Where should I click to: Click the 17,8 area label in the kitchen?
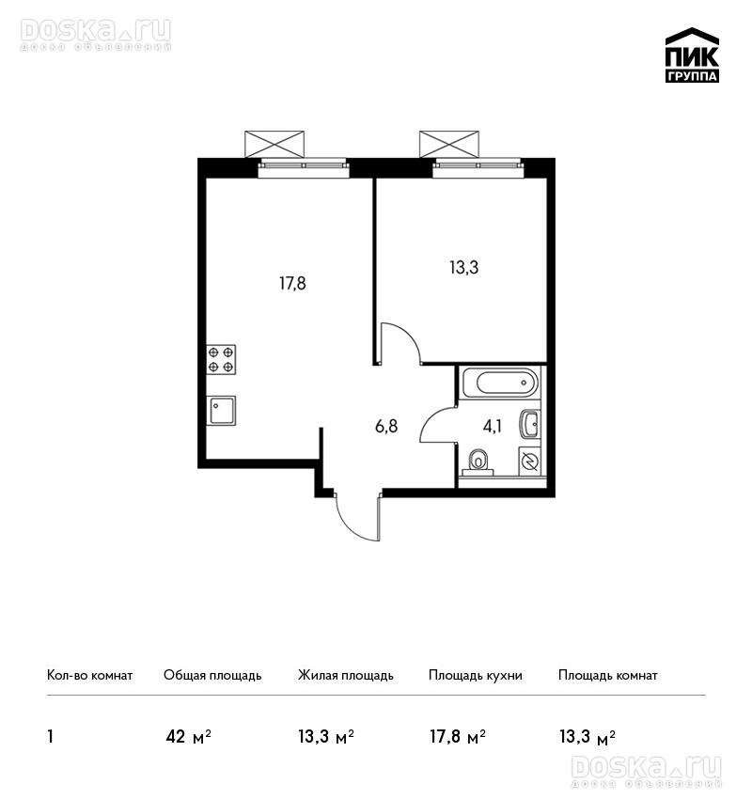coord(292,283)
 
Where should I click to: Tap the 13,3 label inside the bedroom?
coord(464,268)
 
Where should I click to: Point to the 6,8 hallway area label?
coord(386,426)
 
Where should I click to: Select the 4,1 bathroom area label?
coord(493,426)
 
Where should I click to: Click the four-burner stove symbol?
coord(221,360)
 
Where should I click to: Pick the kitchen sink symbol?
coord(221,411)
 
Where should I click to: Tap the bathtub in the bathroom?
coord(499,383)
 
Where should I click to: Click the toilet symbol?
coord(478,462)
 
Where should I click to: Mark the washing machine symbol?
coord(530,462)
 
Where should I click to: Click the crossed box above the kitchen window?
coord(274,144)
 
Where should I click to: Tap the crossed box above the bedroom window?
coord(449,144)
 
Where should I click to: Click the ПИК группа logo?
coord(692,55)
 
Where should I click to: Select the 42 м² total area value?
coord(189,737)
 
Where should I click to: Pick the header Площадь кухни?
coord(476,676)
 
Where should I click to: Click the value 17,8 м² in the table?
coord(458,737)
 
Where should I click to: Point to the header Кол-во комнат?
coord(89,676)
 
